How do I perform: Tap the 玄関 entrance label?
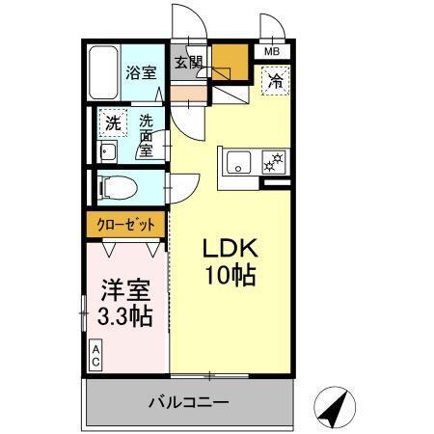188,63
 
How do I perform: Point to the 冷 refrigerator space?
275,81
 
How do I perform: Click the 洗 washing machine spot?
113,123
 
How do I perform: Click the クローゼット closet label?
125,225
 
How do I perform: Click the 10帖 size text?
229,277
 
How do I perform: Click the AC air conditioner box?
97,355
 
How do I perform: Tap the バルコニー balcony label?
188,401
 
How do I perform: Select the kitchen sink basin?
236,161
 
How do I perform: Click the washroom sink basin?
108,153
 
